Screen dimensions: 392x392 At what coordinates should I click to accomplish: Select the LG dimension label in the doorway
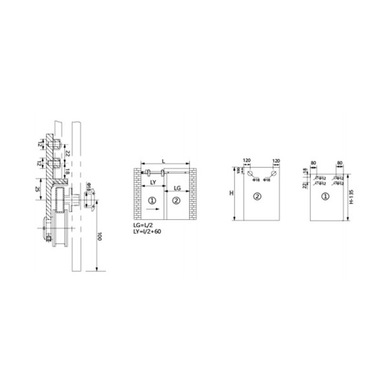(x=178, y=188)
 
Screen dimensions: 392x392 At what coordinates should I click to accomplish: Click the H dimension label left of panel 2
(x=231, y=193)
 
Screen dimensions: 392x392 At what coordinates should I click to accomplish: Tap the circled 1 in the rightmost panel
(x=325, y=197)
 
